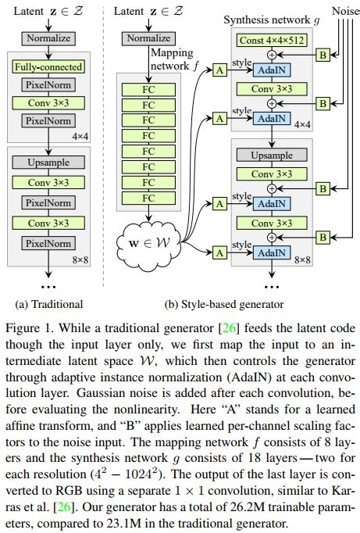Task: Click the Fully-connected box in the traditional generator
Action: [49, 67]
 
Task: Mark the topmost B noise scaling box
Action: [322, 55]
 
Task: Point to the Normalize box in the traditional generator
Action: [49, 37]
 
